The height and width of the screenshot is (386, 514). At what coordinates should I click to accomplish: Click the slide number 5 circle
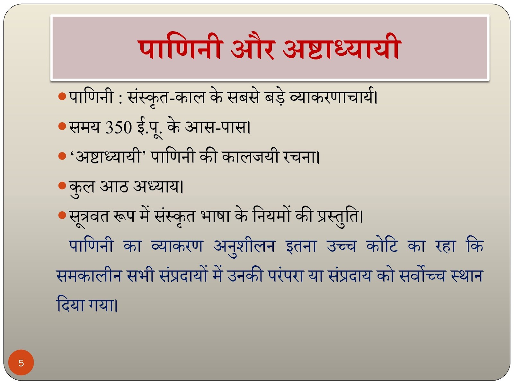21,363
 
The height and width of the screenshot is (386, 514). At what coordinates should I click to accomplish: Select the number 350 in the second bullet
119,128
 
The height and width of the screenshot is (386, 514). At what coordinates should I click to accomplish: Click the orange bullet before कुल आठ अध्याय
62,186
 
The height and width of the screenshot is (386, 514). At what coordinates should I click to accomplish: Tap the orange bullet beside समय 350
62,126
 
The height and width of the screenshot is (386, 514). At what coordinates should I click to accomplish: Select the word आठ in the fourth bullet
114,186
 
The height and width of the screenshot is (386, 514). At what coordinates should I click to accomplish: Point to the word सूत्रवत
89,217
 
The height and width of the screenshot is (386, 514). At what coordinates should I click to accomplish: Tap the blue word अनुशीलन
244,247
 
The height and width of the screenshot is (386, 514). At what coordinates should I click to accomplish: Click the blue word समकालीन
89,275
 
